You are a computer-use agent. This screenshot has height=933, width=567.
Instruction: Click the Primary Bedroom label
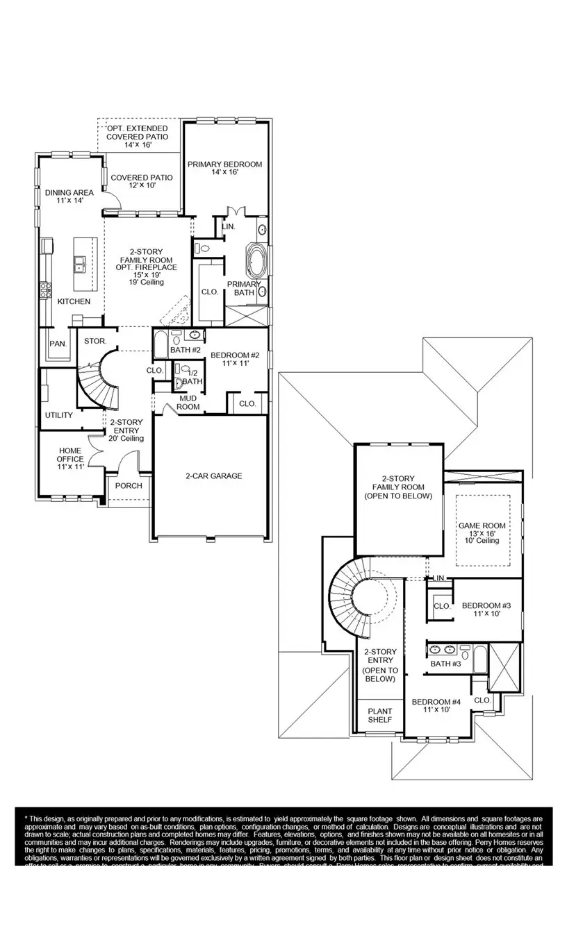225,168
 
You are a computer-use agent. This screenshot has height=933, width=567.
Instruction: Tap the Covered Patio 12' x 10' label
142,182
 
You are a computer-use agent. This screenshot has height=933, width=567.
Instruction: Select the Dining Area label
69,196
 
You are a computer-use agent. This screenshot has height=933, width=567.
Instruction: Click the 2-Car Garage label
213,476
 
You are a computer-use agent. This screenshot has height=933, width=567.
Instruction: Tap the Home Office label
70,459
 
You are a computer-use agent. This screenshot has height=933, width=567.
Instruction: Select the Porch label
129,486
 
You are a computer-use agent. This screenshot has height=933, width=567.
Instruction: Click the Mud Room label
189,403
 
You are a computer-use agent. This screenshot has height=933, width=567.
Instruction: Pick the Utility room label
59,415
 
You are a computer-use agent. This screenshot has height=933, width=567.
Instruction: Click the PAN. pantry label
57,344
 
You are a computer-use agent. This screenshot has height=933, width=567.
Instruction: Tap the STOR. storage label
94,341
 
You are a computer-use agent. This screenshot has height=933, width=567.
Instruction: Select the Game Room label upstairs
482,532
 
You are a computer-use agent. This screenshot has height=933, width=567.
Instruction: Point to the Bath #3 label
445,664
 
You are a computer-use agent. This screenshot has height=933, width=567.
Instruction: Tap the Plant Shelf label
380,716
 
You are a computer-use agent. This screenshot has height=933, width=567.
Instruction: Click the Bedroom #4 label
436,705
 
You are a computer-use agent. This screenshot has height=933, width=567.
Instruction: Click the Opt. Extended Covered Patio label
137,137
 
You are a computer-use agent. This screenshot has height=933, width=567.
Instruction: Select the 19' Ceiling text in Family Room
146,283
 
